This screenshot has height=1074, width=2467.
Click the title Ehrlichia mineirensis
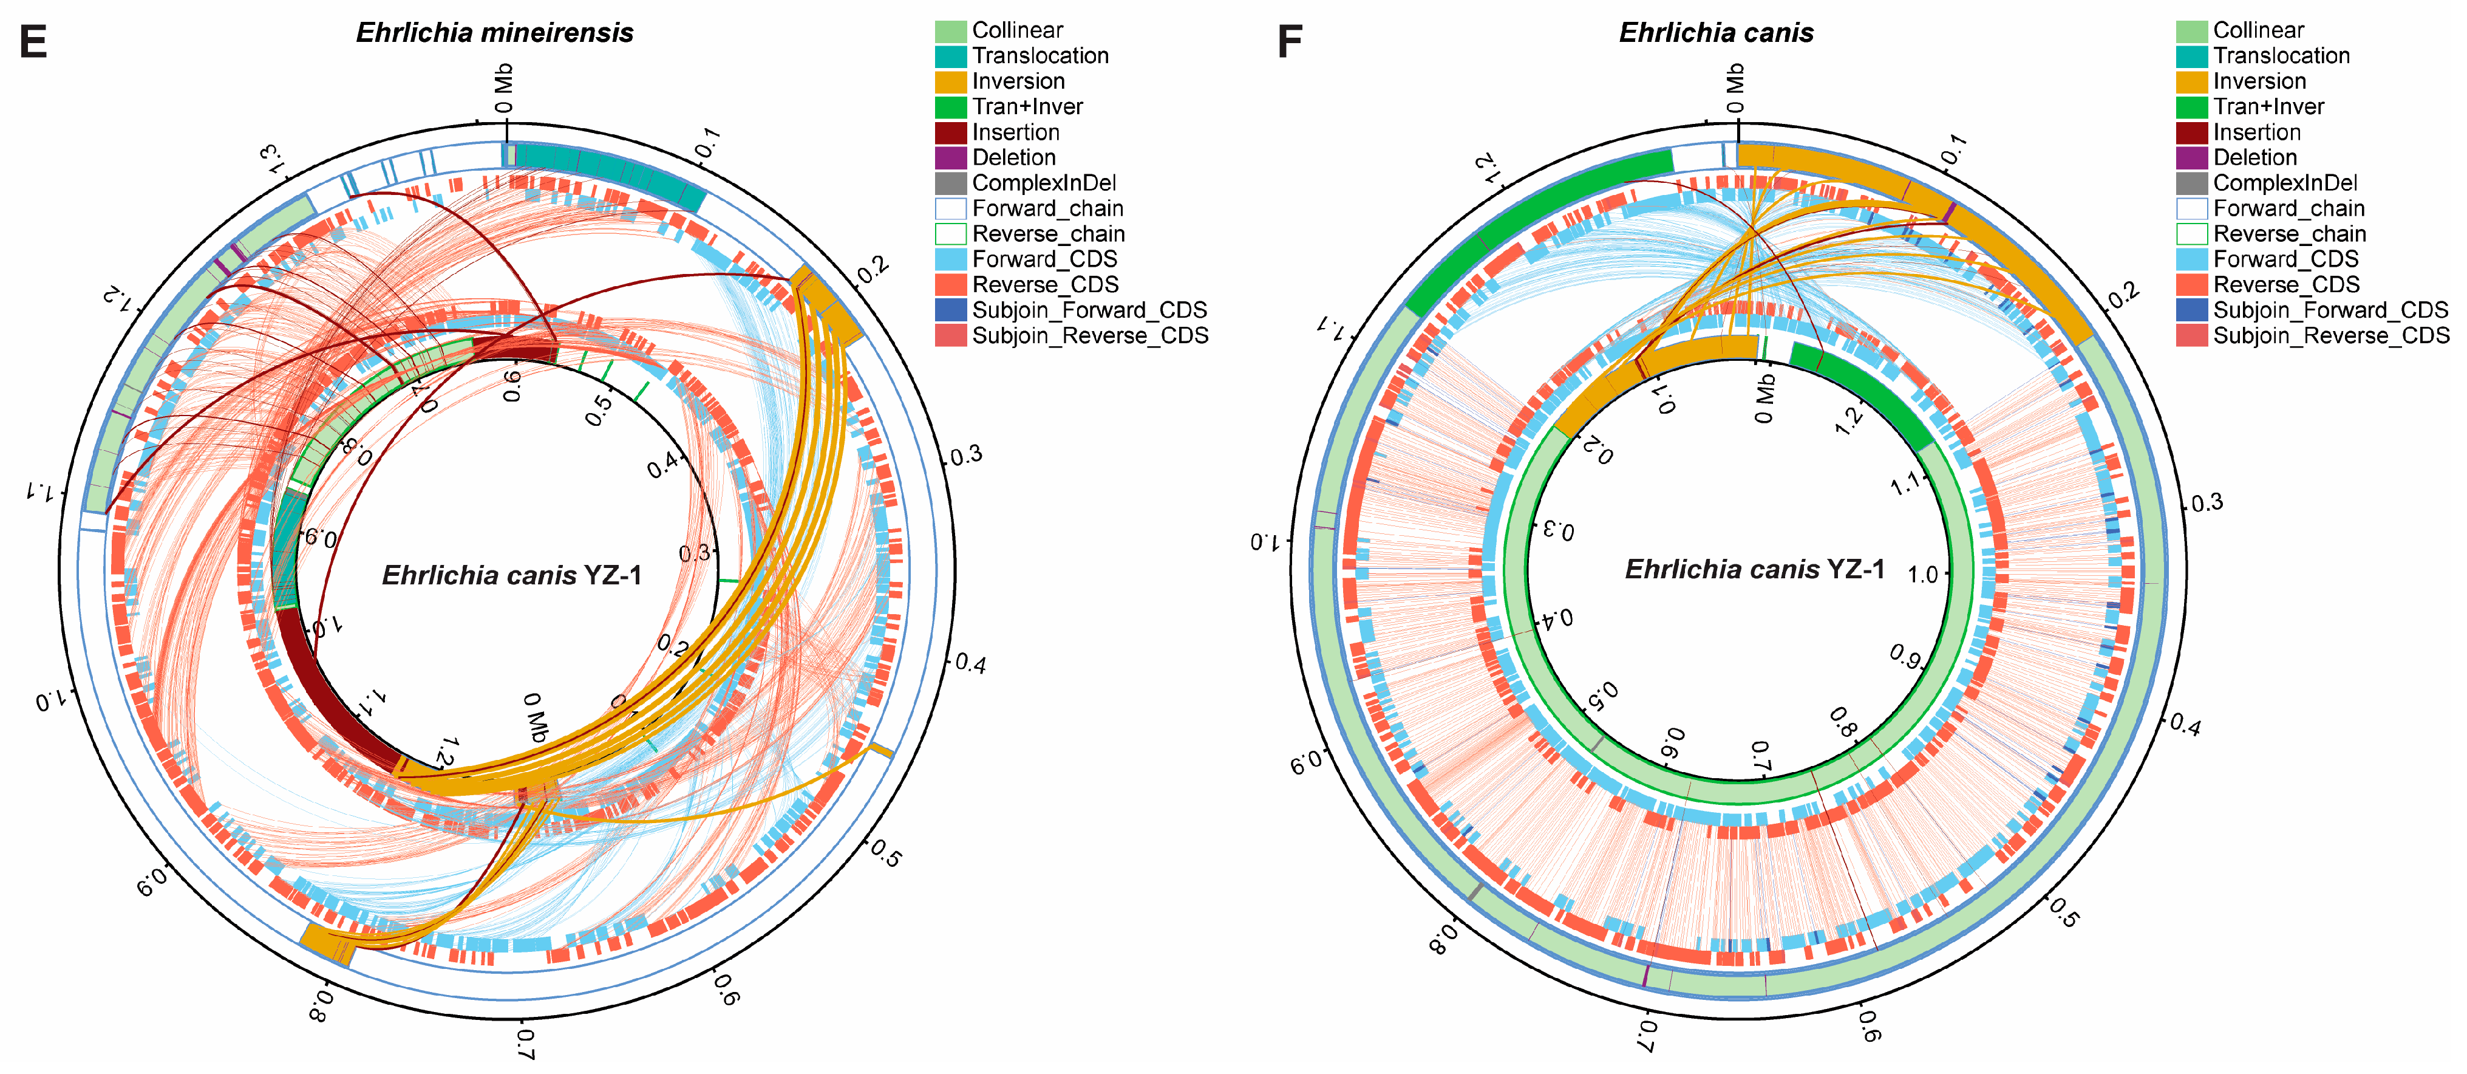click(x=494, y=33)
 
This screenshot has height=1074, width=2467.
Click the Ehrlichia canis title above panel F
click(x=1715, y=33)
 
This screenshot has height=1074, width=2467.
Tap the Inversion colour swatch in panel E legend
click(x=950, y=81)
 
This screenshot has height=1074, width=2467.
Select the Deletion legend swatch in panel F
click(x=2191, y=158)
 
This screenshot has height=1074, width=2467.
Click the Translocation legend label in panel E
click(x=1040, y=55)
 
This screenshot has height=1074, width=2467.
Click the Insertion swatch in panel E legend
click(x=950, y=132)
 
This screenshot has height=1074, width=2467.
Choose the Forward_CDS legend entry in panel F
click(x=2285, y=259)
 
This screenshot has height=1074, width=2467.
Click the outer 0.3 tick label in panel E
click(x=965, y=455)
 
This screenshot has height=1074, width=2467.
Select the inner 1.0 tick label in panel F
click(x=1922, y=575)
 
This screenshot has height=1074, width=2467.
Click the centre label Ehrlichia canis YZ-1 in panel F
click(x=1755, y=570)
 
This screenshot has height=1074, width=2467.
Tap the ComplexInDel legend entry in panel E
click(x=1044, y=183)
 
